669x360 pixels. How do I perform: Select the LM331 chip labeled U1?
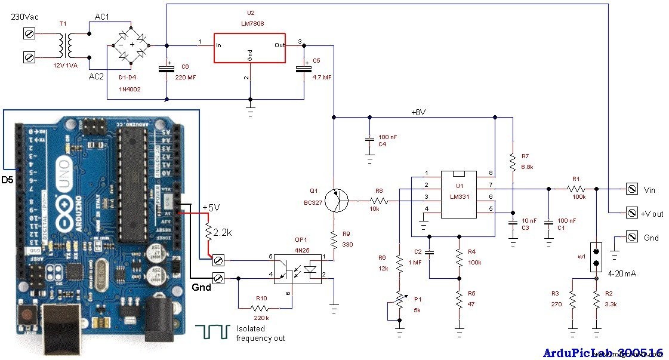point(458,195)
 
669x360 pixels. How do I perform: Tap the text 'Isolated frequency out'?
point(260,333)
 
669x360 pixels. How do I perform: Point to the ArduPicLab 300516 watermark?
point(602,352)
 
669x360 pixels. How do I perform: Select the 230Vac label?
point(24,17)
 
